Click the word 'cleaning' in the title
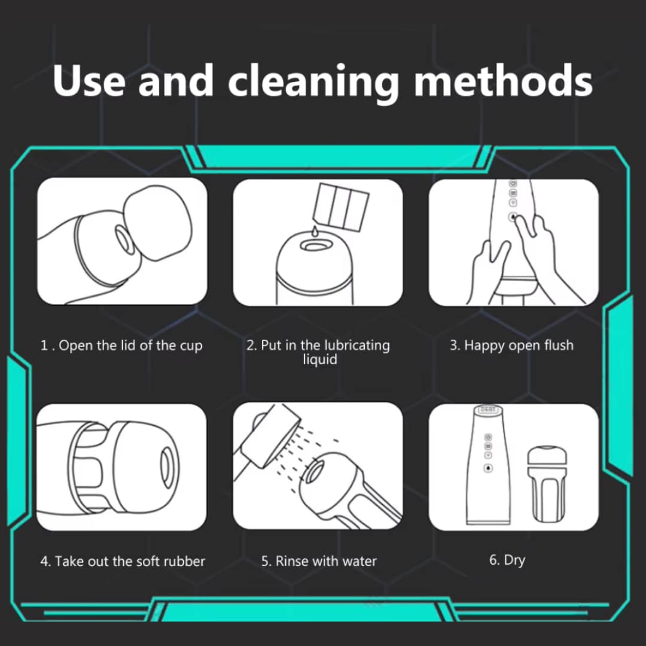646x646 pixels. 313,81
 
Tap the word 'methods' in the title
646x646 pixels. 503,80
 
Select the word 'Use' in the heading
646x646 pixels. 89,80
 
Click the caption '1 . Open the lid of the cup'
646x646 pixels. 121,345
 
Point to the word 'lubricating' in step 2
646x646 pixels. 357,345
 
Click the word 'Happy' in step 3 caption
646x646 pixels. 484,346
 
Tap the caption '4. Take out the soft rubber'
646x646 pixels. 123,561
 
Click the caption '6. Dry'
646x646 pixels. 507,560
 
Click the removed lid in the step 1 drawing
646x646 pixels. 157,223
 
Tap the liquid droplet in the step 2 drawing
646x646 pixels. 315,231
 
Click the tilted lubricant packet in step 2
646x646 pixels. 341,206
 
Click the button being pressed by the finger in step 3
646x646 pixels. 513,217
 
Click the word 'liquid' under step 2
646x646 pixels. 320,359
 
